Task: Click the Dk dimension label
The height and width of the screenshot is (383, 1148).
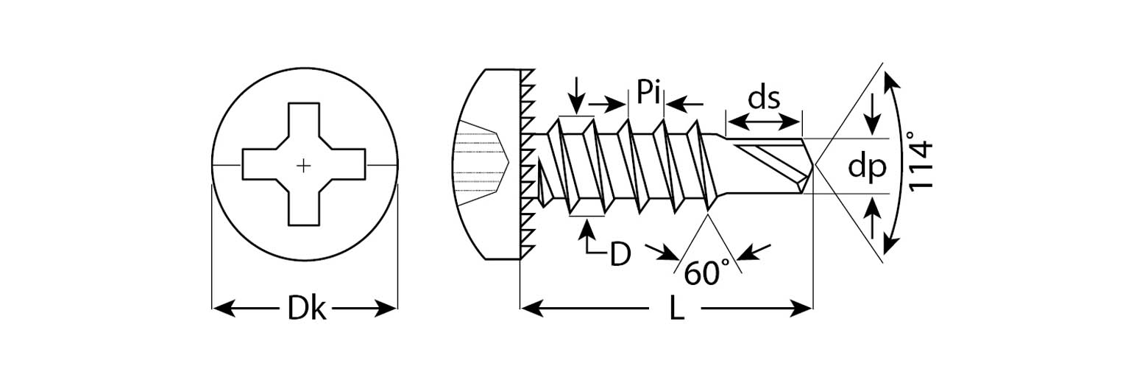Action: [305, 309]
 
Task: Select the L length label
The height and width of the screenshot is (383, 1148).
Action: [677, 309]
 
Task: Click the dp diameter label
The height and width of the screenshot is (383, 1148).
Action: [866, 167]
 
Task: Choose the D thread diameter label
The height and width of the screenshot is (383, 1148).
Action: [620, 254]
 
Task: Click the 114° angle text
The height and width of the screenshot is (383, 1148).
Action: [920, 162]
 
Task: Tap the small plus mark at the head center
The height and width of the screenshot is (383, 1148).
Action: [303, 166]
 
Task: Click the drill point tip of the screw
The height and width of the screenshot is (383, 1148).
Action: [815, 166]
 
